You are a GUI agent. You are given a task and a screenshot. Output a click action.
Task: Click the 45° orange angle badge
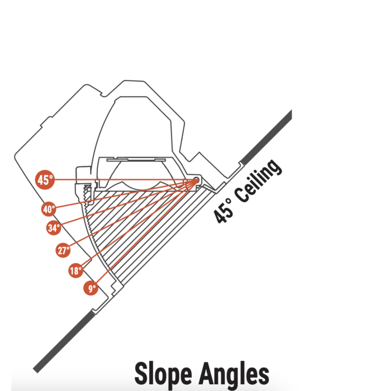45,179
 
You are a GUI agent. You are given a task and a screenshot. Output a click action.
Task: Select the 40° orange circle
49,209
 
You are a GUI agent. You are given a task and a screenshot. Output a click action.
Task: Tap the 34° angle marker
54,228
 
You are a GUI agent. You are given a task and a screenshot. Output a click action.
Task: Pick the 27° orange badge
63,250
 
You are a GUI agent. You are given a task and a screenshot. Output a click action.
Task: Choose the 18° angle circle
76,270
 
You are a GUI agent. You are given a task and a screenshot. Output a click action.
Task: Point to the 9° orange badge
90,288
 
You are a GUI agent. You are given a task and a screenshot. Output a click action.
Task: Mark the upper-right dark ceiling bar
267,137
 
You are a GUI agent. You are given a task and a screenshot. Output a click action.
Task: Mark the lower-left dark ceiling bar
64,342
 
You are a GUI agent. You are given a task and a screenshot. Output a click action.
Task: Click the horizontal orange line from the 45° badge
125,179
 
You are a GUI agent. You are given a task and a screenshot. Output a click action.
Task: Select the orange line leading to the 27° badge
132,214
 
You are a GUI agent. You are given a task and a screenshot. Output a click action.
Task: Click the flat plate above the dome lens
136,159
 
